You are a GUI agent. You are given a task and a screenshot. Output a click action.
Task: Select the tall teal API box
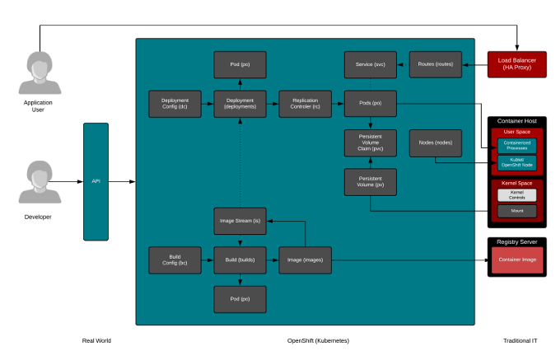pyautogui.click(x=95, y=180)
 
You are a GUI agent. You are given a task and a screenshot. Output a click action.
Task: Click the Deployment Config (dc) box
pyautogui.click(x=174, y=103)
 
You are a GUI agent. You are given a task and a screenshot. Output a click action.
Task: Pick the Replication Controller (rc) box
pyautogui.click(x=304, y=103)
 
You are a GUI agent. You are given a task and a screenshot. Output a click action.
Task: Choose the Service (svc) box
pyautogui.click(x=370, y=64)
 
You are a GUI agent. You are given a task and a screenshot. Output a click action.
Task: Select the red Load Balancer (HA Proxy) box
pyautogui.click(x=516, y=64)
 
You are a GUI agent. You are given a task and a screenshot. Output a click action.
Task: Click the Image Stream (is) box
pyautogui.click(x=240, y=221)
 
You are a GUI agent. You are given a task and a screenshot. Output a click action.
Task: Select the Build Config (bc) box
pyautogui.click(x=174, y=259)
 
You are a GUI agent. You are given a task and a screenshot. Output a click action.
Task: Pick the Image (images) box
pyautogui.click(x=304, y=259)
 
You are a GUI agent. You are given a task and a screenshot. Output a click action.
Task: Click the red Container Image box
pyautogui.click(x=516, y=259)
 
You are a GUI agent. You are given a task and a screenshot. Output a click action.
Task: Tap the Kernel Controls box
pyautogui.click(x=516, y=194)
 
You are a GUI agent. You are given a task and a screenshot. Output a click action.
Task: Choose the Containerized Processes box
pyautogui.click(x=516, y=145)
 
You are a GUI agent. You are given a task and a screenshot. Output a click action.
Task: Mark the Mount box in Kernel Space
pyautogui.click(x=516, y=211)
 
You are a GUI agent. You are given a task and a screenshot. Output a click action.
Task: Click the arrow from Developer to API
pyautogui.click(x=71, y=180)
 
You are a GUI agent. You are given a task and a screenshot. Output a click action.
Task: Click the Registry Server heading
pyautogui.click(x=516, y=241)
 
